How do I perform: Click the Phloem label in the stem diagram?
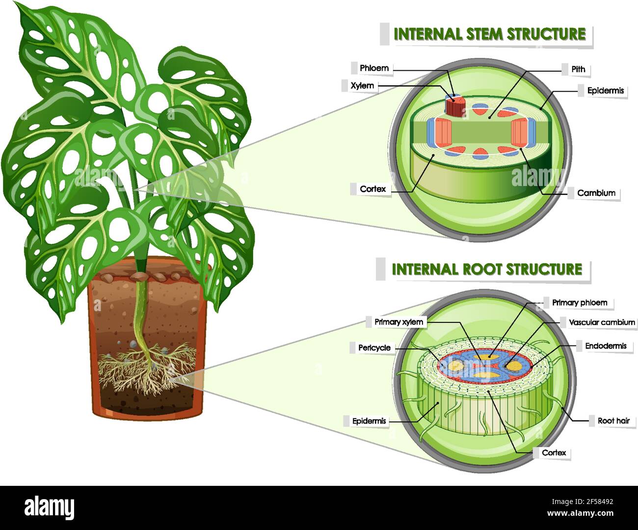pos(374,68)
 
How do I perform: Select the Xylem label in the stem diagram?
pos(362,85)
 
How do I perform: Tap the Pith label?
pos(578,69)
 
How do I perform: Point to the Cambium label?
pos(596,193)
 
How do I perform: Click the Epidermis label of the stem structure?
pos(605,90)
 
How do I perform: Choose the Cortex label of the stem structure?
pos(372,189)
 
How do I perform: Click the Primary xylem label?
pos(399,322)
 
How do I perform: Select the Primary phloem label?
pos(580,303)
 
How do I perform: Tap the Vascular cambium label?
pos(602,322)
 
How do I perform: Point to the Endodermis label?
pos(606,346)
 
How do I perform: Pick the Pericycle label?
pos(374,347)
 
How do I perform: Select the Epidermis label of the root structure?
pos(369,421)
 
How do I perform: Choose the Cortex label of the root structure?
pos(554,452)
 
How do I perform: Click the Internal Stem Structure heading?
pos(489,34)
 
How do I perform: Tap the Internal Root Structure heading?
pos(487,269)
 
